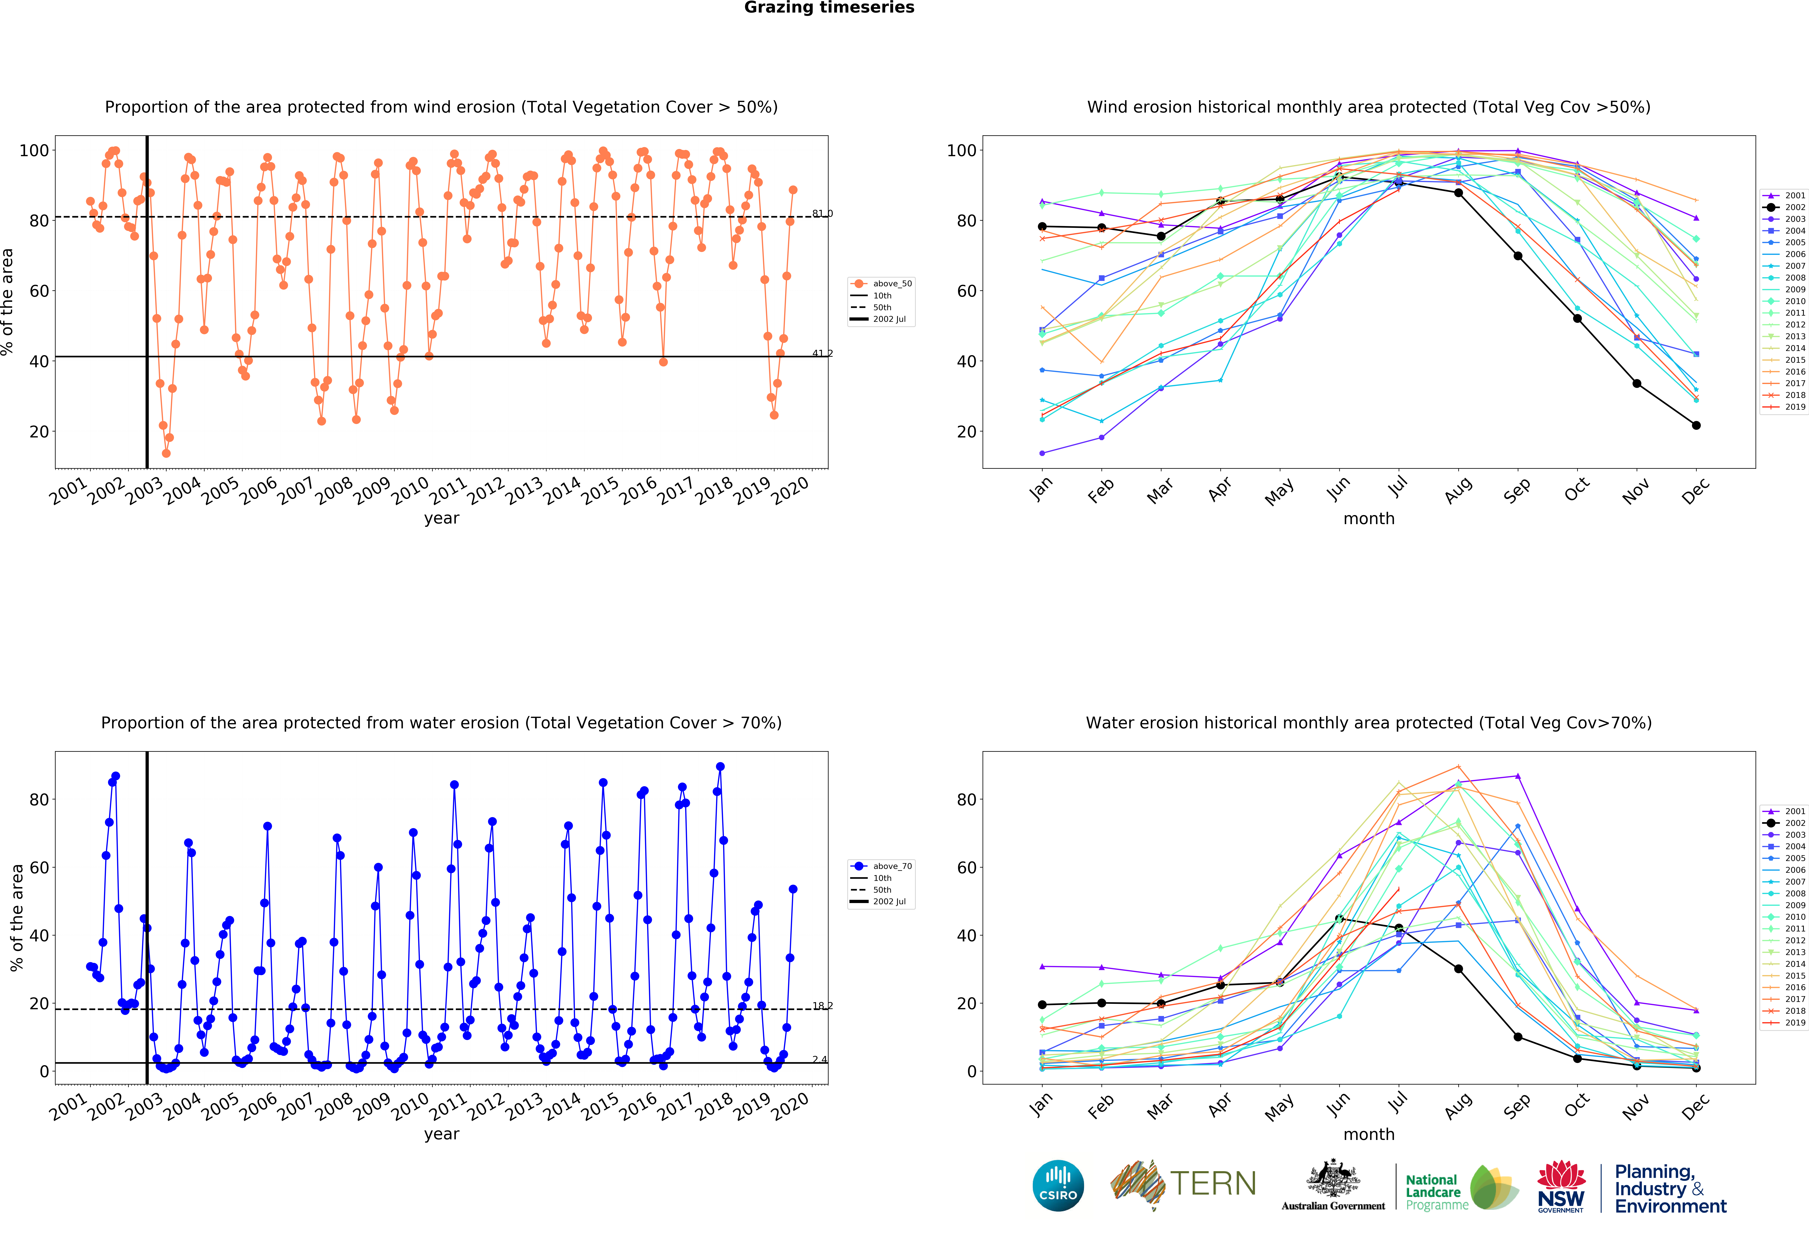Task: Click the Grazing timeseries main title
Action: click(829, 8)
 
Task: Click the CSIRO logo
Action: click(1058, 1186)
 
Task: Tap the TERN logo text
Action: click(1213, 1184)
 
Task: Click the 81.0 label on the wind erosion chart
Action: click(822, 213)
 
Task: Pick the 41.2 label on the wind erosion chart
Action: click(822, 353)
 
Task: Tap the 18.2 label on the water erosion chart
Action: click(822, 1006)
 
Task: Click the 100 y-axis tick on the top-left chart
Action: click(33, 150)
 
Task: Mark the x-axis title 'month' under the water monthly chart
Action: click(1368, 1134)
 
